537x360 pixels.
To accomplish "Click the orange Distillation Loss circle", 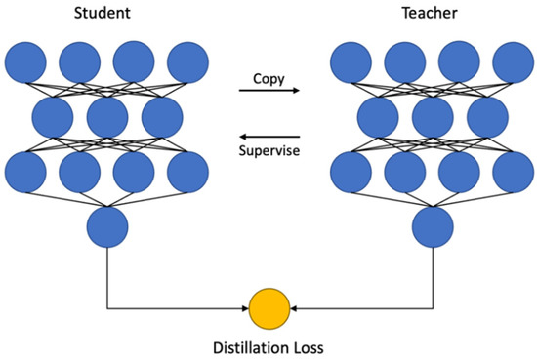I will (x=269, y=309).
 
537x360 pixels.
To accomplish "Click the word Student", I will (x=107, y=14).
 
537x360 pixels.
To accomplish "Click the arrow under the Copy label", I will (x=268, y=94).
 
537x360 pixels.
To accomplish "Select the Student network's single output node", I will (x=107, y=228).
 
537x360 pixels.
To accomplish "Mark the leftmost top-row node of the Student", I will (x=25, y=63).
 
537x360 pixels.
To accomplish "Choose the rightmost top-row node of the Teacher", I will (x=513, y=63).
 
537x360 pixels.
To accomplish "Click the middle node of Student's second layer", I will (x=107, y=118).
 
